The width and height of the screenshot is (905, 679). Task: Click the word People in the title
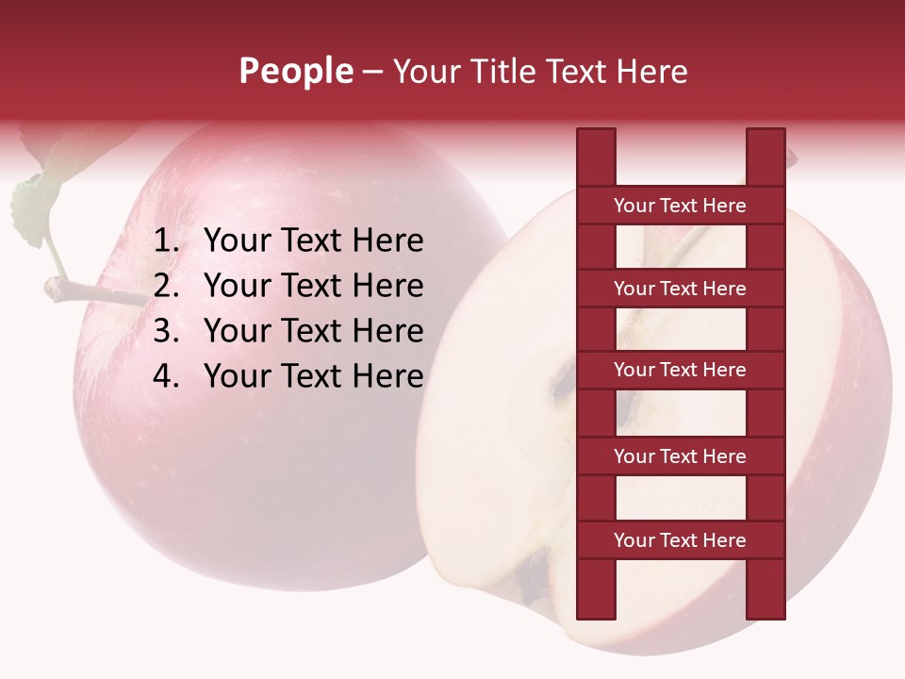[x=295, y=71]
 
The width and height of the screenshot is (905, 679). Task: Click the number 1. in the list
[x=167, y=241]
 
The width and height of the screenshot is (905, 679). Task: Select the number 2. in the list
[x=167, y=286]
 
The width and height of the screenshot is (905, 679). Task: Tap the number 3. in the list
[x=167, y=331]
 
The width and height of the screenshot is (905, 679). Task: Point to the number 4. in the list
[x=167, y=376]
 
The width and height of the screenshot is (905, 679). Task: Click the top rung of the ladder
[x=680, y=205]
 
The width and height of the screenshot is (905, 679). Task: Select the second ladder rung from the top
[x=680, y=289]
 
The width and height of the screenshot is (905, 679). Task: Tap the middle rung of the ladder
[x=680, y=370]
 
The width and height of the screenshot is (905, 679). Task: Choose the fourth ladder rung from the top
[x=680, y=456]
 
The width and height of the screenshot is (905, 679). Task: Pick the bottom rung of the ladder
[x=680, y=540]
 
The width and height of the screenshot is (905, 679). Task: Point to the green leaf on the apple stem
[x=30, y=209]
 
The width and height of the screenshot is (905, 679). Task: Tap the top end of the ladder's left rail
[x=596, y=137]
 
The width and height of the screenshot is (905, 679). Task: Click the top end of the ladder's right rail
[x=765, y=137]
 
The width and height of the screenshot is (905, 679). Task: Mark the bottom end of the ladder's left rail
[x=596, y=611]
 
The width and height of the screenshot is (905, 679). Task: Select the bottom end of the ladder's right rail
[x=765, y=611]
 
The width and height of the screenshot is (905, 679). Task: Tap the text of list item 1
[x=314, y=241]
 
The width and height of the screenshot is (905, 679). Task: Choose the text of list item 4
[x=314, y=376]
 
